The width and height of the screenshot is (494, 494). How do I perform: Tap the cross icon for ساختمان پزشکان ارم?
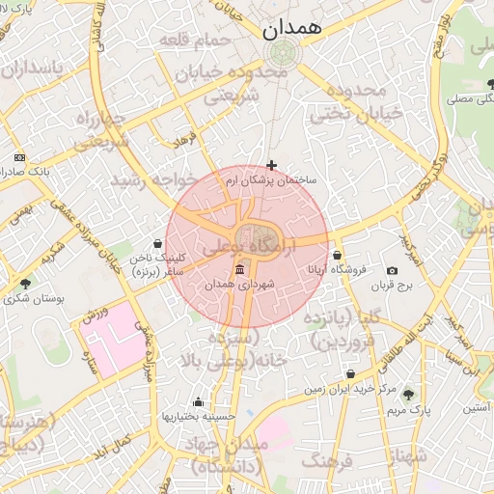(x=271, y=166)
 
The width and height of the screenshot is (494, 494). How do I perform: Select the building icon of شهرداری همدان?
(x=239, y=269)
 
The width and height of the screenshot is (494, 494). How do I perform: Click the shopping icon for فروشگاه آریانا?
(x=337, y=255)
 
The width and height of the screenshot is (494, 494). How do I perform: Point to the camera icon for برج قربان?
(x=392, y=271)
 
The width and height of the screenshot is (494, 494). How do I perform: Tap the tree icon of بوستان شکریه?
(x=24, y=284)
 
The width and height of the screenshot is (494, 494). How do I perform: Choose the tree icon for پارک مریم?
(x=407, y=394)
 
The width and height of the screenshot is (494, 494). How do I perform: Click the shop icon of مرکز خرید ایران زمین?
(x=349, y=373)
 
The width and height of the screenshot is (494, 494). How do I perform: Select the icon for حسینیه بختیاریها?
(x=199, y=401)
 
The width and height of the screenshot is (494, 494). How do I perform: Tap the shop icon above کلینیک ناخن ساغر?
(x=157, y=243)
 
